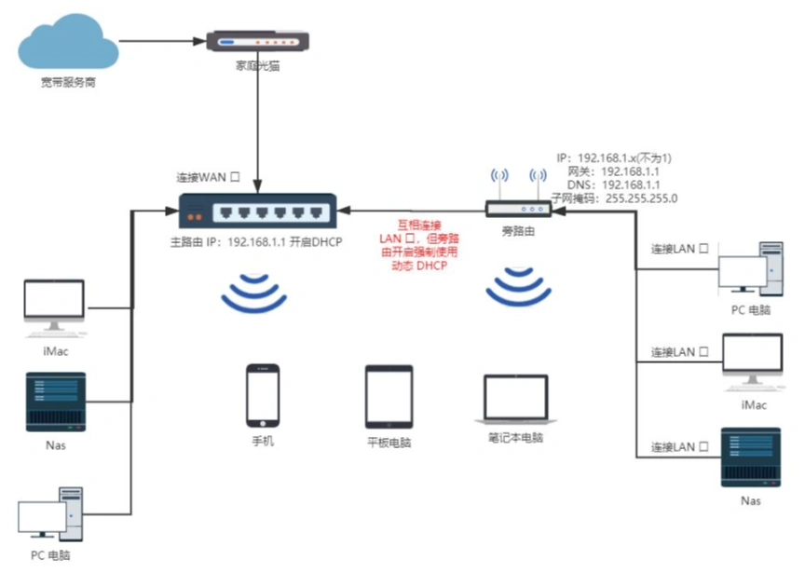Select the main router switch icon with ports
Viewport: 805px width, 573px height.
click(257, 212)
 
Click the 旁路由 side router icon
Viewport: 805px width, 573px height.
click(518, 210)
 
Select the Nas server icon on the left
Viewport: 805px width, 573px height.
click(55, 402)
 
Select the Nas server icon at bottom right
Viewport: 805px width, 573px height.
click(751, 457)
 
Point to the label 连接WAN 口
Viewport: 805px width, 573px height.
click(210, 177)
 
